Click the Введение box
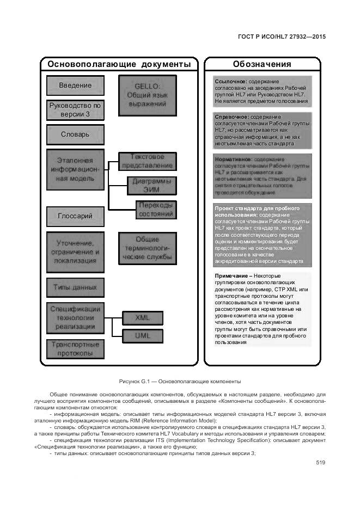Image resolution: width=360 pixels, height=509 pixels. click(75, 85)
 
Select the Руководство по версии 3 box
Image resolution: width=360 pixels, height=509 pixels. click(75, 110)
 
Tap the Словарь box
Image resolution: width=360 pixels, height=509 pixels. click(75, 134)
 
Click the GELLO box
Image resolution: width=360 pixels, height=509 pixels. click(148, 95)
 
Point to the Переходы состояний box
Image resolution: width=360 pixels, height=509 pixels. click(156, 209)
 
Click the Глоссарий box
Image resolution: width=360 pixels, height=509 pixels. click(75, 216)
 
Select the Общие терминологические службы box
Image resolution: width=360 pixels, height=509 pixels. click(148, 248)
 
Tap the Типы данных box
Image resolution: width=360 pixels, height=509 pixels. click(75, 287)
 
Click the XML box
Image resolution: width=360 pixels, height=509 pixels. click(142, 317)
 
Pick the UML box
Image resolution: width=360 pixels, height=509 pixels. click(142, 336)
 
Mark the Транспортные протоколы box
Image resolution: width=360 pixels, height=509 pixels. click(75, 348)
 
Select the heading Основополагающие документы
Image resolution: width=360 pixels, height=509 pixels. click(119, 64)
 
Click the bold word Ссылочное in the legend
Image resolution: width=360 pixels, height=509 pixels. click(231, 82)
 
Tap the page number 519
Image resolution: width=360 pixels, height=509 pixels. click(320, 463)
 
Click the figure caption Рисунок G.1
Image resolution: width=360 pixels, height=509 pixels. click(180, 382)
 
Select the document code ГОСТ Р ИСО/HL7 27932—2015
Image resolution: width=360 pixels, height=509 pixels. click(282, 37)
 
